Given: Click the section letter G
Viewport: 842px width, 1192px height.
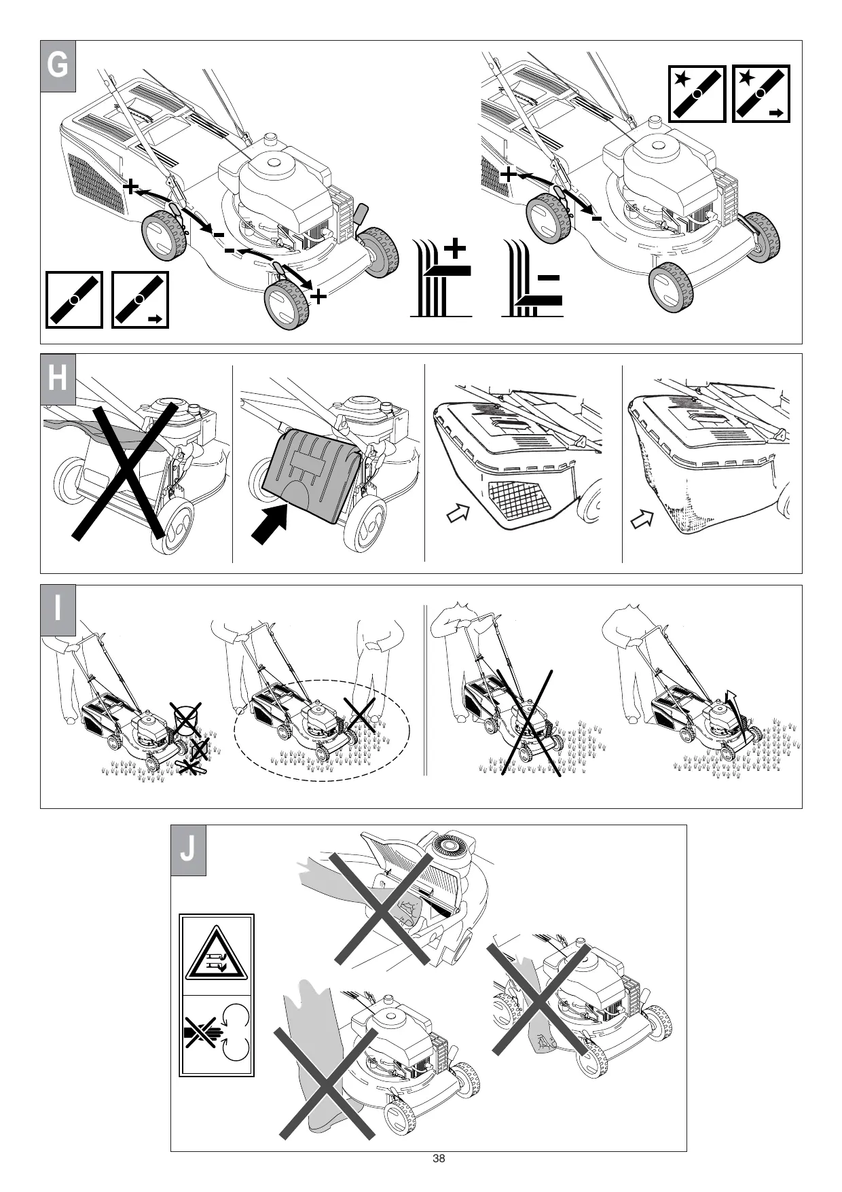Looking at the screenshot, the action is pos(58,67).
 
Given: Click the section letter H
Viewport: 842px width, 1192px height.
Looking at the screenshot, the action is pos(58,379).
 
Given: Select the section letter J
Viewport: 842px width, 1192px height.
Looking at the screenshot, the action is pos(188,850).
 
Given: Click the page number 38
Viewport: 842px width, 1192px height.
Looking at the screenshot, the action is pos(439,1159).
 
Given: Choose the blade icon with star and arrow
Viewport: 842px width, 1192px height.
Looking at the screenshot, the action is pos(761,94).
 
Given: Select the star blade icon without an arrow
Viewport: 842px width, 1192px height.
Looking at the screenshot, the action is pos(697,94).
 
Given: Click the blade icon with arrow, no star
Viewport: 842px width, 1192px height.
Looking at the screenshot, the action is pos(140,300).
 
